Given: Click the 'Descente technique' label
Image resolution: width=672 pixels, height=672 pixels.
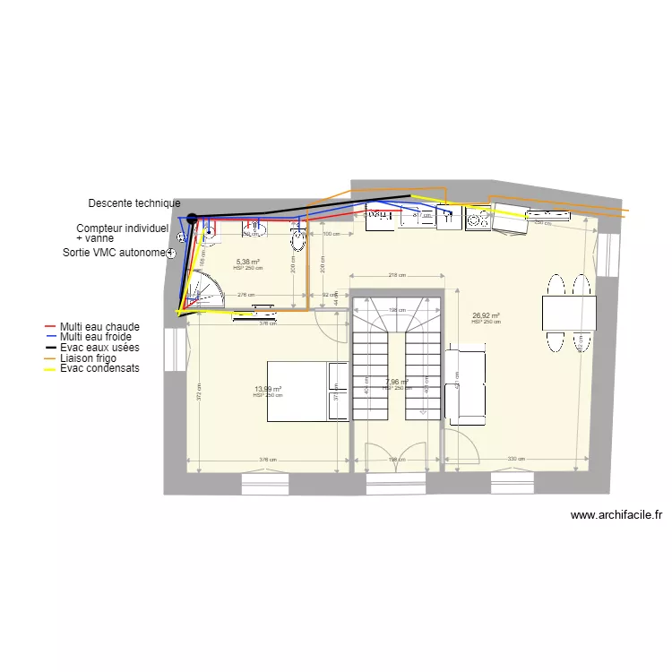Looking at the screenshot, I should [134, 203].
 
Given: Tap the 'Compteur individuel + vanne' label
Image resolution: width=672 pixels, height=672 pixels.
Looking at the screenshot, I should [122, 233].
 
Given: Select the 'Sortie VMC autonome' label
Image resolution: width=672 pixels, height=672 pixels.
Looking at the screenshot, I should [114, 253].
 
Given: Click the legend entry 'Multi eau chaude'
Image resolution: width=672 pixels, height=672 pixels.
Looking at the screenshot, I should [99, 327].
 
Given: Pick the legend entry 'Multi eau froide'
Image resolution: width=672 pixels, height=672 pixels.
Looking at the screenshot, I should [95, 337].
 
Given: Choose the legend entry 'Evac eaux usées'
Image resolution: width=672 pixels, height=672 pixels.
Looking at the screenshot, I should [99, 347].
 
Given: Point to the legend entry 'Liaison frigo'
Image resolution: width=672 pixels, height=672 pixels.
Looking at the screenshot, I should [90, 358].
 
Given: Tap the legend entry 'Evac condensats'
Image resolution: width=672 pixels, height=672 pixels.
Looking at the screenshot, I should [99, 367].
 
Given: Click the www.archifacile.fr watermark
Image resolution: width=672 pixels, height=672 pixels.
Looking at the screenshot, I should [616, 515].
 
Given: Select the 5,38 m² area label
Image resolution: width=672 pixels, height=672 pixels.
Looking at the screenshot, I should [248, 262].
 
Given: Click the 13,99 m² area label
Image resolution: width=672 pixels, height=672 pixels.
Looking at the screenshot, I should [268, 389].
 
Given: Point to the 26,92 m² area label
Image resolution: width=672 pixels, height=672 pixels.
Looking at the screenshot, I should [486, 315].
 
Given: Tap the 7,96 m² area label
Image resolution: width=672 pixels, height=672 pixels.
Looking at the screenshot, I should [397, 383].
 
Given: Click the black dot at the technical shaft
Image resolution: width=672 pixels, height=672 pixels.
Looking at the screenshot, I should [192, 218].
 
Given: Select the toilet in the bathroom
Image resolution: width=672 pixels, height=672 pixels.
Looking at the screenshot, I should [298, 240].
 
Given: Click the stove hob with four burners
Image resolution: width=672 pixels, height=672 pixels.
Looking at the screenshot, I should [478, 218].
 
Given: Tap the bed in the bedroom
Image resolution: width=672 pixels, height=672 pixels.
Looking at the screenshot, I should [307, 391].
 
